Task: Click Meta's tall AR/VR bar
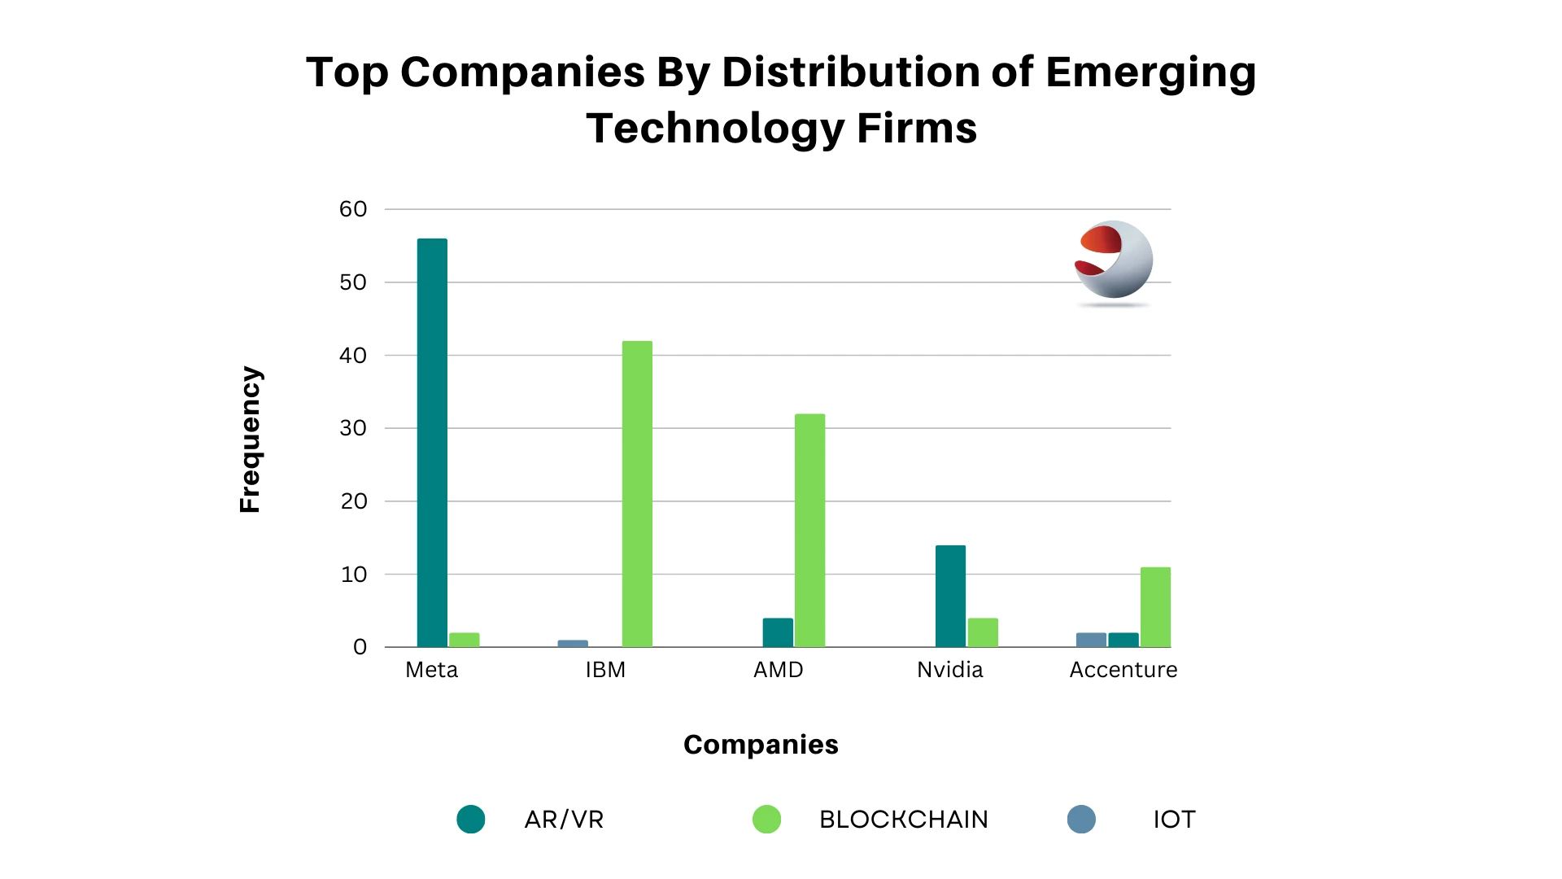[432, 443]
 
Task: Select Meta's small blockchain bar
[465, 640]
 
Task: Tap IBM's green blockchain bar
[637, 494]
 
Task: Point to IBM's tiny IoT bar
[573, 644]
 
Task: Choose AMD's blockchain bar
[809, 531]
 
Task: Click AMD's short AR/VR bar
[778, 632]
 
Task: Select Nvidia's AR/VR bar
[950, 596]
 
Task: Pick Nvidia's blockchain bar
[983, 632]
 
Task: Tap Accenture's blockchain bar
[1155, 607]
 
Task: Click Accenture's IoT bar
[1091, 640]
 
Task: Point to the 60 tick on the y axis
[353, 209]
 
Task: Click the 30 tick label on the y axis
[353, 428]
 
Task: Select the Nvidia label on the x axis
[949, 670]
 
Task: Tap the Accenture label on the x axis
[1123, 670]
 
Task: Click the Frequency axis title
[250, 439]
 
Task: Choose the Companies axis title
[761, 745]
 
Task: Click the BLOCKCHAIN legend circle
[766, 820]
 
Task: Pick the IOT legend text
[1174, 820]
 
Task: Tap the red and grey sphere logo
[1113, 261]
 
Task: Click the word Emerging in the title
[1150, 73]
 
